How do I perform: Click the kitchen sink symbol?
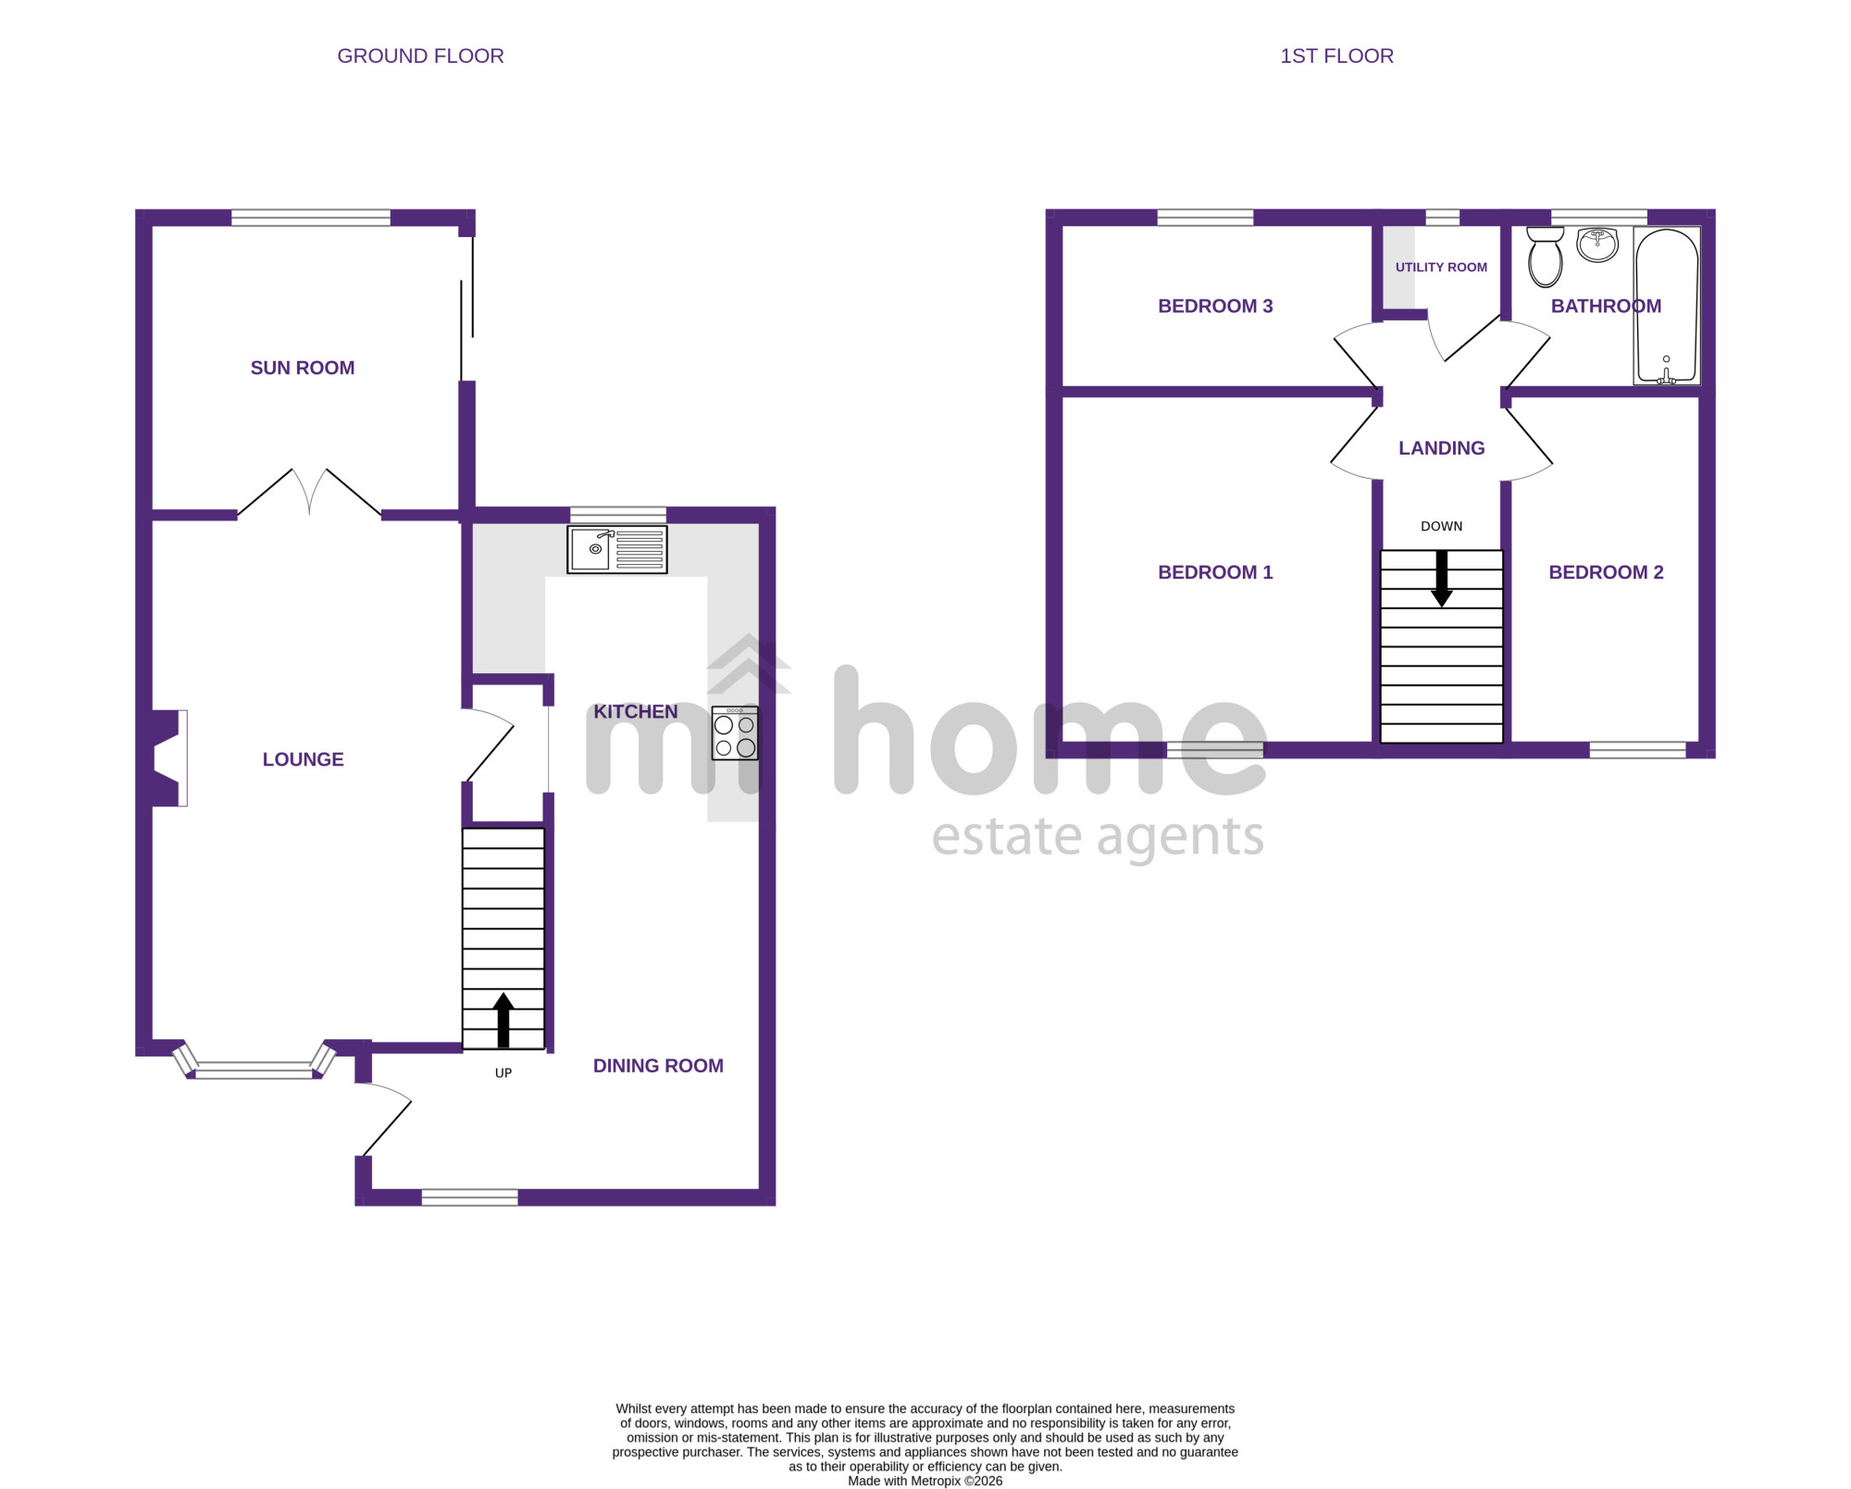[617, 549]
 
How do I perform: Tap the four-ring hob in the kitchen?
[735, 733]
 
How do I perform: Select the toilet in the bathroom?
[1545, 257]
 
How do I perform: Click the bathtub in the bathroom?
[1666, 306]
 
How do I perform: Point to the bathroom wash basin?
[1597, 245]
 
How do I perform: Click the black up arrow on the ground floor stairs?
[503, 1020]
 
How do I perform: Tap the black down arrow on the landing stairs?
[1442, 579]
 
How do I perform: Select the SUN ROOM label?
[303, 368]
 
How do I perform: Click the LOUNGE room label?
[304, 759]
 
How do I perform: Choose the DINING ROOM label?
[658, 1066]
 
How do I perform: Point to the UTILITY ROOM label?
[1441, 268]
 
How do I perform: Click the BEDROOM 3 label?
[1215, 307]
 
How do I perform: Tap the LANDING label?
[1441, 448]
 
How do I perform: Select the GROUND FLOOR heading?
[420, 56]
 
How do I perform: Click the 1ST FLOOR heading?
[1336, 56]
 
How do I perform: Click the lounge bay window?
[254, 1065]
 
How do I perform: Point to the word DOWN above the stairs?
[1441, 527]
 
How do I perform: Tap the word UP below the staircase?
[503, 1073]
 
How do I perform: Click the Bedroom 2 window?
[1637, 750]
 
